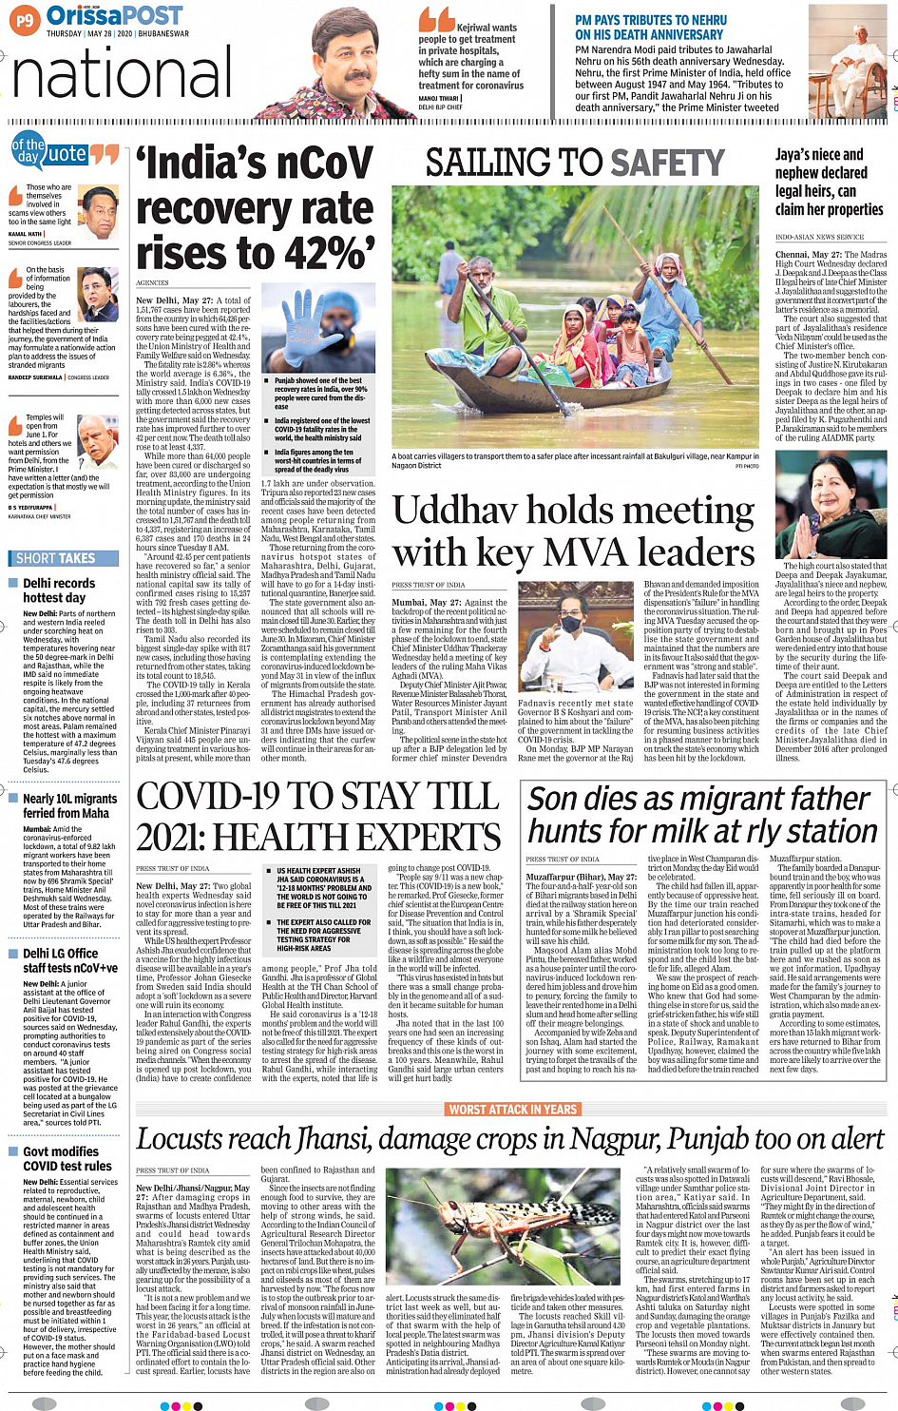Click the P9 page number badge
tap(25, 19)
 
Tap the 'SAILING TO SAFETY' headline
tap(575, 164)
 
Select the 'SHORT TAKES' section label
tap(56, 558)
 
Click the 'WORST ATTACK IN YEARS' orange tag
tap(513, 1109)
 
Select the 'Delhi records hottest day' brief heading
tap(59, 590)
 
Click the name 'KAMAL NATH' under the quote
tap(26, 233)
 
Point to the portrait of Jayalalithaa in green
tap(831, 505)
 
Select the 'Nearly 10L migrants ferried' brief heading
tap(69, 806)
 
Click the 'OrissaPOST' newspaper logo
tap(114, 15)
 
